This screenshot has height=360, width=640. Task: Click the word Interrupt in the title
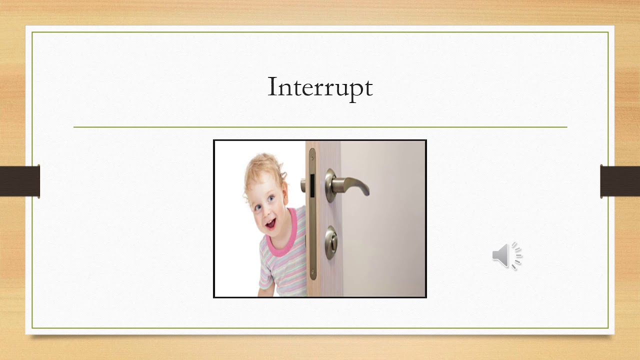coord(320,87)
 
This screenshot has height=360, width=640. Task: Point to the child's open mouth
coord(270,224)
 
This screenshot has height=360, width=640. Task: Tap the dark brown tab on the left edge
coord(19,181)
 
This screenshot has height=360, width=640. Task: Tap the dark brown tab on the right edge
coord(620,181)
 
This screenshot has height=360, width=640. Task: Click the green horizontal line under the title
coord(320,127)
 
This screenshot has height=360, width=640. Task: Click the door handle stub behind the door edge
coord(303,186)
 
